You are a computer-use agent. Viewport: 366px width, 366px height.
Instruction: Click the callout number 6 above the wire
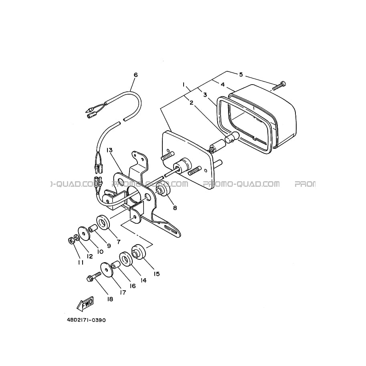[135, 75]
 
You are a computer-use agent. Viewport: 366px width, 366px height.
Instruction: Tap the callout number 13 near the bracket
[109, 150]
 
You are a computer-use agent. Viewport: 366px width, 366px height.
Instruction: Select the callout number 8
[175, 208]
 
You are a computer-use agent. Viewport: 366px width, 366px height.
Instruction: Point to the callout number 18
[110, 299]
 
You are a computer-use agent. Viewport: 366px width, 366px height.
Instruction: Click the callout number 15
[157, 273]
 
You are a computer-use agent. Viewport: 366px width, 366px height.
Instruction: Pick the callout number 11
[81, 263]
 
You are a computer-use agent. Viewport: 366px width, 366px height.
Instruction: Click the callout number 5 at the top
[241, 75]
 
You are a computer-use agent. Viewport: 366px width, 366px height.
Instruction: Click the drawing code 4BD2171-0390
[86, 320]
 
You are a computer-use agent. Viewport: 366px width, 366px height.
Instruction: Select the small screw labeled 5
[279, 86]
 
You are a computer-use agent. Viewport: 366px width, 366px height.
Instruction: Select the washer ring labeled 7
[103, 222]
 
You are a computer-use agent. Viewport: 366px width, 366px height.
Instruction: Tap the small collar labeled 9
[93, 228]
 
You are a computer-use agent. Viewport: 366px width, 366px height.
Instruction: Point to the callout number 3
[205, 95]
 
